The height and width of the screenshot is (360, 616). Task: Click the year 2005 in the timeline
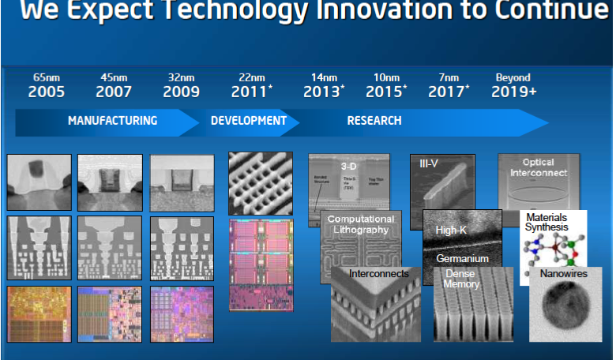pos(46,92)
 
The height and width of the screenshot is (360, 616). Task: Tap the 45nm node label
pos(114,77)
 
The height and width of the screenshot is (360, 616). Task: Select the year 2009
pos(182,92)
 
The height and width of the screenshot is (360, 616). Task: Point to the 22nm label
pos(252,77)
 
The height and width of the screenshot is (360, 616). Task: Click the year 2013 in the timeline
pos(321,92)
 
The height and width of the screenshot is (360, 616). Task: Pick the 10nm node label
pos(386,77)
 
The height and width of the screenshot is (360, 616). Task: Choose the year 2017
pos(447,92)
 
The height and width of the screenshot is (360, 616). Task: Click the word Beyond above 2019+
pos(513,77)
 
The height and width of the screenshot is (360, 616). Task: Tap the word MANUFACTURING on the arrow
pos(112,121)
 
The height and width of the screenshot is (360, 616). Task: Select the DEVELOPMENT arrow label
pos(248,121)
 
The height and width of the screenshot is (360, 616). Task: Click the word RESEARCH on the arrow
pos(374,121)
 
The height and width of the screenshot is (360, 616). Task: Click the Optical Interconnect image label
pos(539,167)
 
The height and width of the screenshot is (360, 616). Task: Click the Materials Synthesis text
pos(547,221)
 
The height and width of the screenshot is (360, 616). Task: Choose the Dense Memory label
pos(461,279)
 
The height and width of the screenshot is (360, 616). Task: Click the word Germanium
pos(462,258)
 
